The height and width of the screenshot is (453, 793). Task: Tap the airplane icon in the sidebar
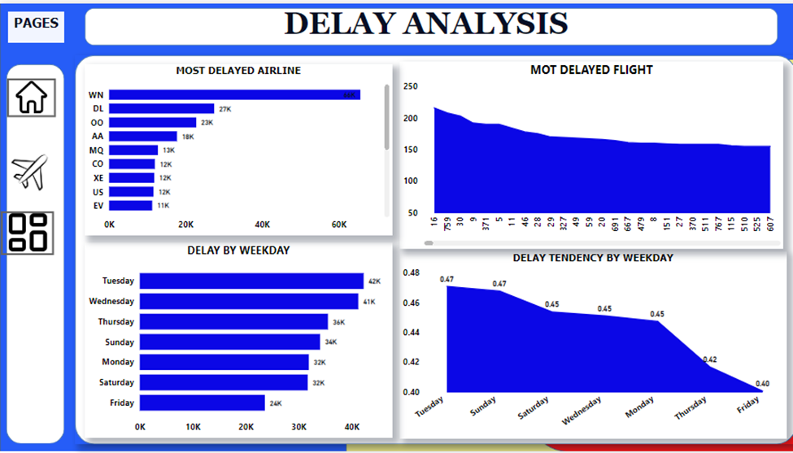pyautogui.click(x=30, y=172)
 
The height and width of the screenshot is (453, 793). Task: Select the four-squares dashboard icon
pyautogui.click(x=30, y=233)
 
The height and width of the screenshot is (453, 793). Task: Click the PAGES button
pyautogui.click(x=36, y=24)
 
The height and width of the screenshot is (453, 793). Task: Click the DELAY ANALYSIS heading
pyautogui.click(x=426, y=24)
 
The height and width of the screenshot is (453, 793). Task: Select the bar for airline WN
pyautogui.click(x=234, y=95)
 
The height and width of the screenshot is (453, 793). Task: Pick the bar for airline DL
pyautogui.click(x=161, y=108)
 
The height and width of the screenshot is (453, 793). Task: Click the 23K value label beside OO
pyautogui.click(x=207, y=123)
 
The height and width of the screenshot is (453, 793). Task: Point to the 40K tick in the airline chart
pyautogui.click(x=263, y=224)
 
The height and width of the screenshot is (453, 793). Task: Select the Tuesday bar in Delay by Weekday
pyautogui.click(x=251, y=281)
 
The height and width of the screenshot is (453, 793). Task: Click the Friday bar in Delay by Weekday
pyautogui.click(x=202, y=403)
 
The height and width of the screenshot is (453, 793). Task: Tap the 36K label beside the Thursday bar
pyautogui.click(x=338, y=322)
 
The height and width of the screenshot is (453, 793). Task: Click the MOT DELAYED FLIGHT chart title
pyautogui.click(x=591, y=70)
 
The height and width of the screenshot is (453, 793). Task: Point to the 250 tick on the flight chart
pyautogui.click(x=411, y=87)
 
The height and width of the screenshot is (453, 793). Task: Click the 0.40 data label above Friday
pyautogui.click(x=762, y=383)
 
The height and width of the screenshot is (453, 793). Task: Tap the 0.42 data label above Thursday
pyautogui.click(x=709, y=359)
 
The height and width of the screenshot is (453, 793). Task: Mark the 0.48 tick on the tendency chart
pyautogui.click(x=411, y=272)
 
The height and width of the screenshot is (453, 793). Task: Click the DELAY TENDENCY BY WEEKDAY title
pyautogui.click(x=593, y=258)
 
